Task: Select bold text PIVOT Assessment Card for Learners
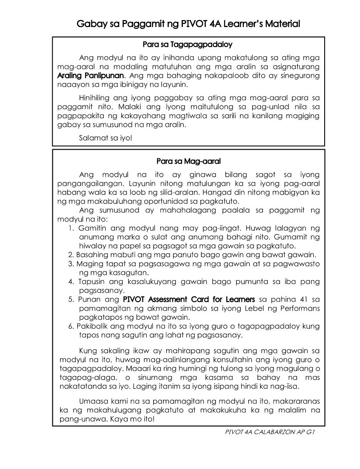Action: (x=189, y=300)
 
